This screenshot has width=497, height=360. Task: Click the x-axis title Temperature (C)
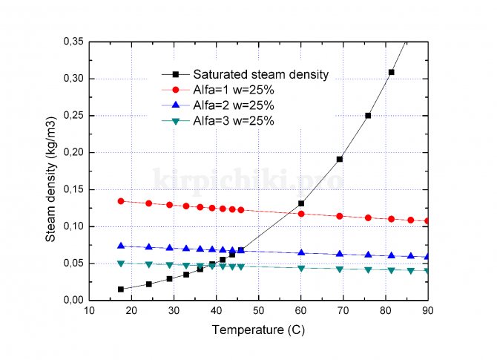[257, 328]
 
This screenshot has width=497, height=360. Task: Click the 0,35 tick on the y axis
[73, 42]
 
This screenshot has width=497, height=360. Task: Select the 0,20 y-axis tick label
[73, 152]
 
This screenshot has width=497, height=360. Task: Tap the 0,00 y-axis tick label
[73, 300]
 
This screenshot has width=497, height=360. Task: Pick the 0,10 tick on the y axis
[73, 226]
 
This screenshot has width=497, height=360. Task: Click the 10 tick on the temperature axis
[89, 310]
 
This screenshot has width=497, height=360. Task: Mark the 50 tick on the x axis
[259, 310]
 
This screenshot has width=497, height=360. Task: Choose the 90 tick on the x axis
[428, 310]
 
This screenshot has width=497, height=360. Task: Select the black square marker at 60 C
[301, 203]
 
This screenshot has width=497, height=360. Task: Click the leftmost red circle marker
[121, 201]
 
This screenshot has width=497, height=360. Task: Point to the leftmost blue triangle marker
[121, 246]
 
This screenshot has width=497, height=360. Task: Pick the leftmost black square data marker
[121, 289]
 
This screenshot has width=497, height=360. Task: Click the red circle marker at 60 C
[301, 214]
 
